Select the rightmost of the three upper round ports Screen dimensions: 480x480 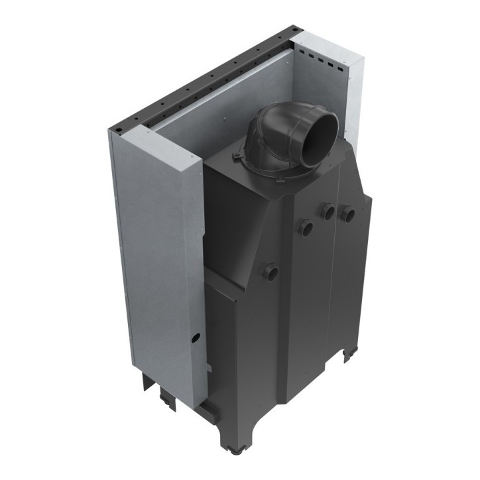(x=346, y=213)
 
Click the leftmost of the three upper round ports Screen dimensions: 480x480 (x=306, y=227)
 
